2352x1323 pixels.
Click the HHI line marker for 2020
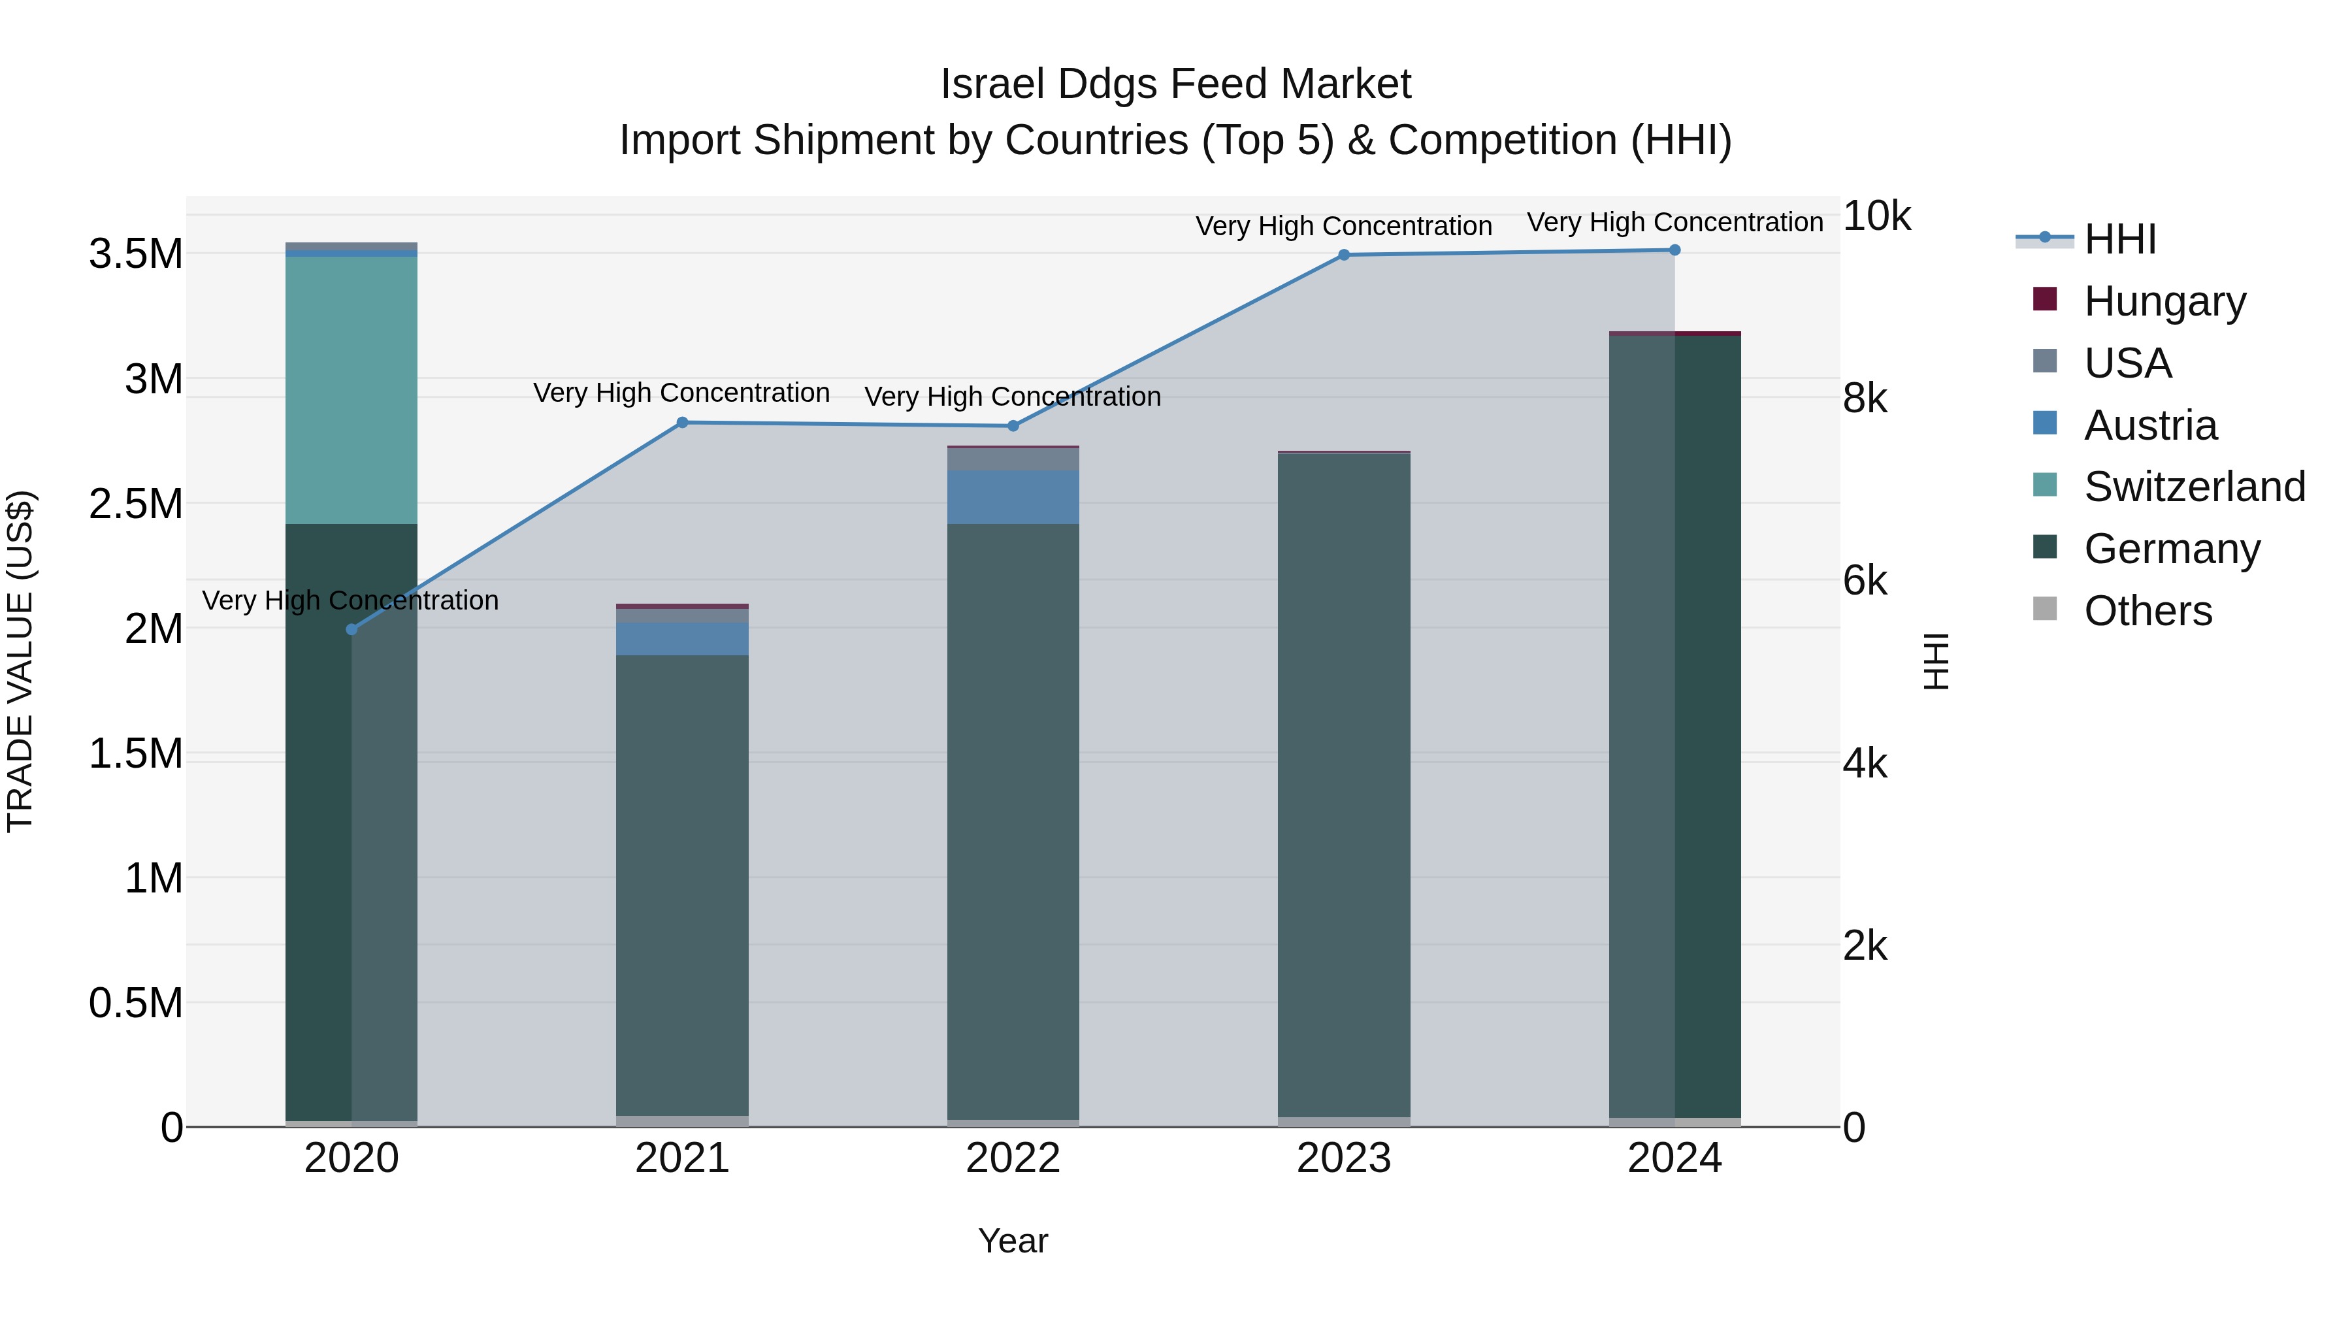(x=351, y=629)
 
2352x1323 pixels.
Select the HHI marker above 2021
(x=682, y=423)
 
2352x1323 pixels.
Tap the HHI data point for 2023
(x=1343, y=255)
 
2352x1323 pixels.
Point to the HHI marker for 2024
(x=1674, y=250)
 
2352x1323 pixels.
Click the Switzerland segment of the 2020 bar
(x=351, y=390)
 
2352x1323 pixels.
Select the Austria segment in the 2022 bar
(x=1013, y=497)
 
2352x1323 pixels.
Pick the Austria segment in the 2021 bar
(x=682, y=638)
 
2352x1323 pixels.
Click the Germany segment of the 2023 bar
(x=1343, y=785)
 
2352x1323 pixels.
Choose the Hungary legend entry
(x=2164, y=301)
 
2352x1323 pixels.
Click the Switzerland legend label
(x=2194, y=487)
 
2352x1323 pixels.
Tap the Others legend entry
(x=2148, y=611)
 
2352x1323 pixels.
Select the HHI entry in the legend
(x=2119, y=239)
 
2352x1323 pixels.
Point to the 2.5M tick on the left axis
(x=136, y=504)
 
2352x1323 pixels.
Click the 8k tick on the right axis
(x=1865, y=399)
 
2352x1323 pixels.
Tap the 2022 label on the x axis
(x=1013, y=1158)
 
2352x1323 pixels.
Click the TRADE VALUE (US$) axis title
(x=20, y=661)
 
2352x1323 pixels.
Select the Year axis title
(x=1013, y=1241)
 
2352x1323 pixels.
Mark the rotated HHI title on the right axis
(x=1935, y=661)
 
